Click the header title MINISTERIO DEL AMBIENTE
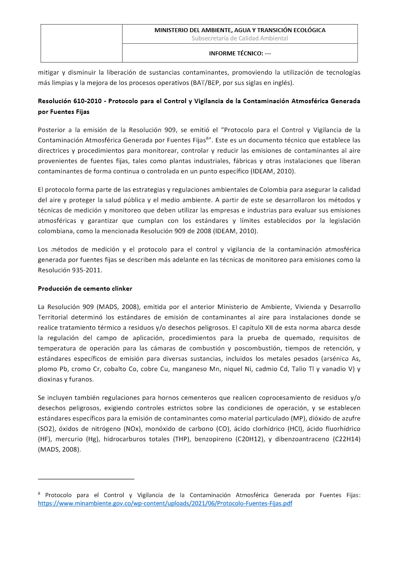pos(240,30)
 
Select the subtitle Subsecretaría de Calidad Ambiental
pos(240,38)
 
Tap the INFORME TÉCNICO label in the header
pos(240,54)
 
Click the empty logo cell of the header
pos(82,43)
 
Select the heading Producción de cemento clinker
pos(85,288)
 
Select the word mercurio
pos(68,439)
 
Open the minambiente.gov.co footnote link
pos(165,503)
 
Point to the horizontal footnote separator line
pos(86,479)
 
